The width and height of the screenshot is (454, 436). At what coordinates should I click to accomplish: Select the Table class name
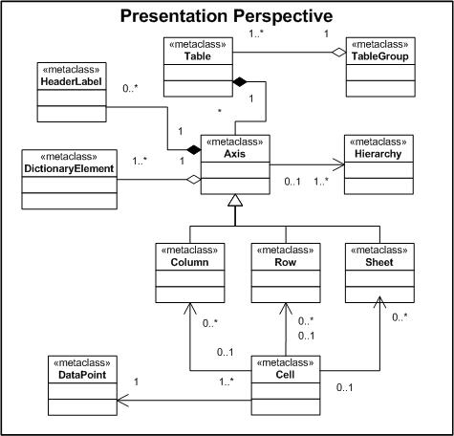click(198, 56)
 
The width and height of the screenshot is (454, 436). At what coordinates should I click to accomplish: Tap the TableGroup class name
click(380, 56)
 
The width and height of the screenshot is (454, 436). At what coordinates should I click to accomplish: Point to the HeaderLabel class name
click(72, 81)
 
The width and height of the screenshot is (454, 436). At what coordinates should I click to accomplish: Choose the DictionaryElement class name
click(69, 168)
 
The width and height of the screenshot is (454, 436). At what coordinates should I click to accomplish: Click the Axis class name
click(235, 154)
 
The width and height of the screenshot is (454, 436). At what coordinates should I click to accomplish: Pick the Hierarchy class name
click(378, 154)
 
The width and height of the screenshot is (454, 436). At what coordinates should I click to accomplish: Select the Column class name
click(189, 262)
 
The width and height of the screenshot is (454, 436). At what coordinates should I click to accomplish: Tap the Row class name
click(286, 262)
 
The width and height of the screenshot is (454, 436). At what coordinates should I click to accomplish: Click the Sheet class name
click(379, 262)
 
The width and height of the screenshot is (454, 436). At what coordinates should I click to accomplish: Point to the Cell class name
click(285, 375)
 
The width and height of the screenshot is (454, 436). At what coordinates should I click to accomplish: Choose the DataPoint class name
click(82, 375)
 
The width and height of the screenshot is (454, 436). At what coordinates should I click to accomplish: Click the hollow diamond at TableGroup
click(338, 53)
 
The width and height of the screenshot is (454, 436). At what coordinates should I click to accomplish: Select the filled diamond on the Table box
click(240, 82)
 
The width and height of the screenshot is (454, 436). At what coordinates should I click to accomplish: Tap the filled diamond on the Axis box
click(194, 149)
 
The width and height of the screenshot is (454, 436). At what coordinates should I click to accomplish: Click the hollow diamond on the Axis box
click(194, 180)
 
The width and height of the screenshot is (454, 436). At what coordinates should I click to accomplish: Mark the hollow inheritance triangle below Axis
click(235, 201)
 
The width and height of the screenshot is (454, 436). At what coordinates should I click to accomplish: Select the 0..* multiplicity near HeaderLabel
click(130, 88)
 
